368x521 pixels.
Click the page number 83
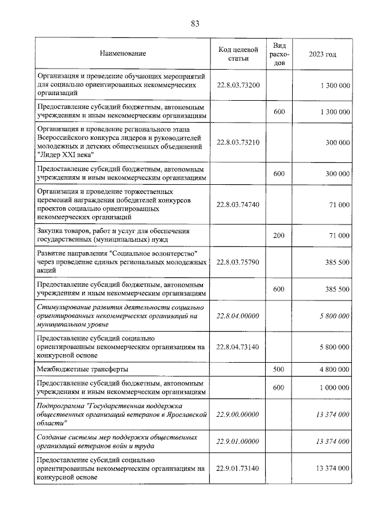(195, 24)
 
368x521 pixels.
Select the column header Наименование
(122, 54)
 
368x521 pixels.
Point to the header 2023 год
(323, 54)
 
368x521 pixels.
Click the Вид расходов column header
(279, 54)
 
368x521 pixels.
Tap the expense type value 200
(279, 235)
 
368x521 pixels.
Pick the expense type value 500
(279, 369)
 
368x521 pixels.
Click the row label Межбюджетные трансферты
(82, 369)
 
